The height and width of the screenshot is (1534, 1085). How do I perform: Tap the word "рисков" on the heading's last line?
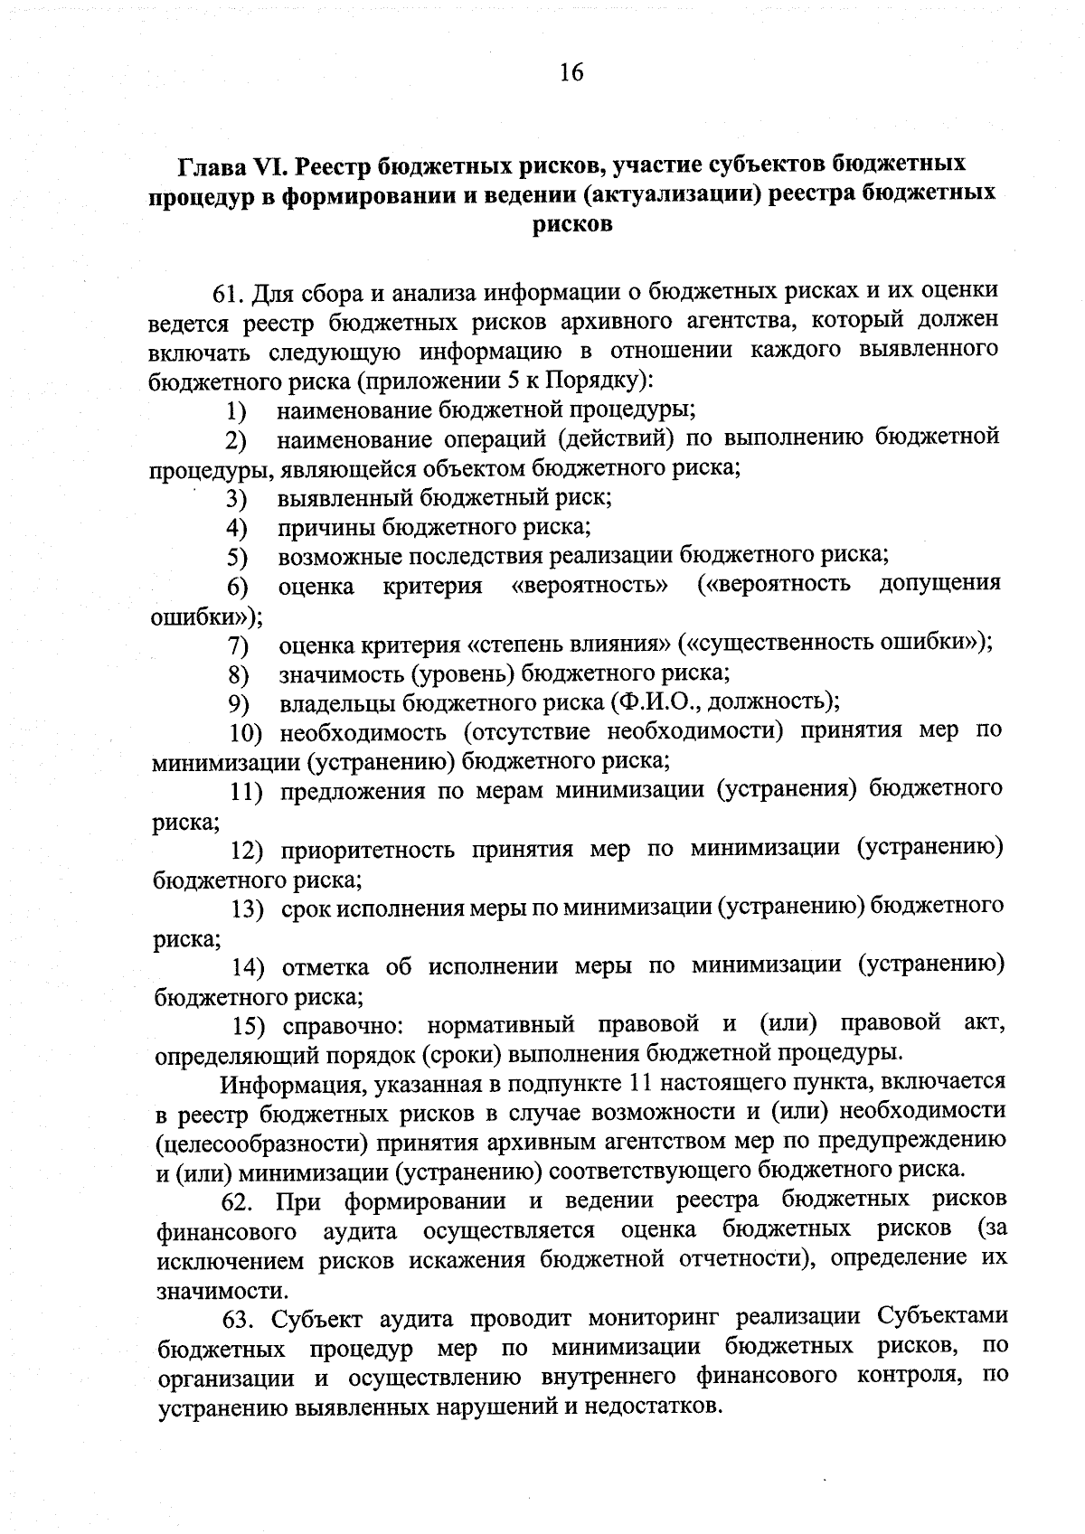572,224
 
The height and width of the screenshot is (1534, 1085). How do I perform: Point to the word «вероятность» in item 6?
590,586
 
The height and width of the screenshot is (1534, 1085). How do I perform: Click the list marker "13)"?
249,908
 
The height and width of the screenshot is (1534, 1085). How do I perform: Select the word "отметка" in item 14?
325,967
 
